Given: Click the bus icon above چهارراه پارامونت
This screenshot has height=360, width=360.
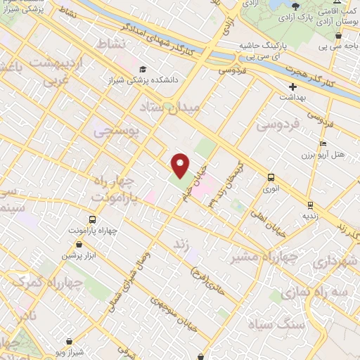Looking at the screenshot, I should [x=93, y=219].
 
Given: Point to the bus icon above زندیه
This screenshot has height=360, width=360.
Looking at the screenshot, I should [x=309, y=205].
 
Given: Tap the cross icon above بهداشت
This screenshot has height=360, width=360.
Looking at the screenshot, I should [x=292, y=87].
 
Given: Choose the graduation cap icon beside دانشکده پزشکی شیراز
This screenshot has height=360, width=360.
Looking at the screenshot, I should [x=143, y=70].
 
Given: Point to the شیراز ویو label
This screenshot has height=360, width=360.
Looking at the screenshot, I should [x=68, y=347].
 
